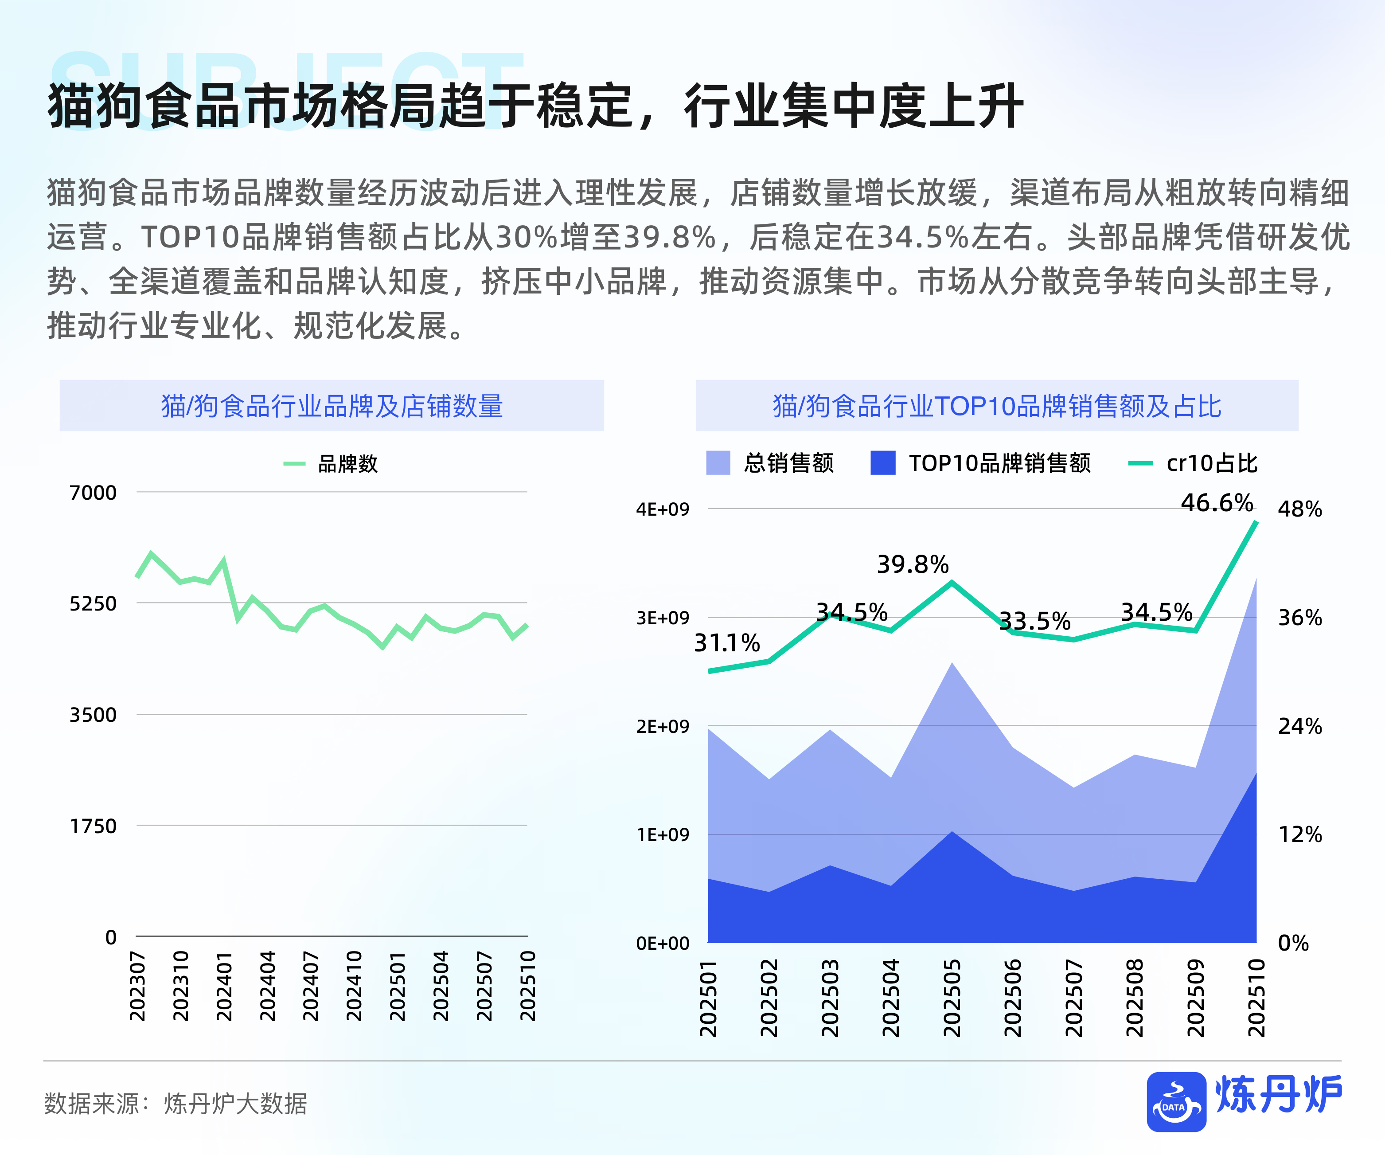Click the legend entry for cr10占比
click(x=1193, y=463)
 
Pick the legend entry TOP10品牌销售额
click(x=981, y=463)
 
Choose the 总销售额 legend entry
click(x=770, y=463)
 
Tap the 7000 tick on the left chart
click(x=93, y=493)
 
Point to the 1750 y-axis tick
click(x=93, y=826)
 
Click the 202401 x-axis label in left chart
click(x=224, y=986)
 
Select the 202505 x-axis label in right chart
click(x=952, y=997)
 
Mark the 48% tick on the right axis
click(x=1299, y=509)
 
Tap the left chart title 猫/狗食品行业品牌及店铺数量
click(x=332, y=406)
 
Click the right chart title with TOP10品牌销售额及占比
click(x=997, y=406)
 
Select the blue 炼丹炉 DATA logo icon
click(x=1176, y=1101)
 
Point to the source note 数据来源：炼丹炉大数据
click(x=176, y=1103)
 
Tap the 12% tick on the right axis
click(x=1299, y=834)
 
